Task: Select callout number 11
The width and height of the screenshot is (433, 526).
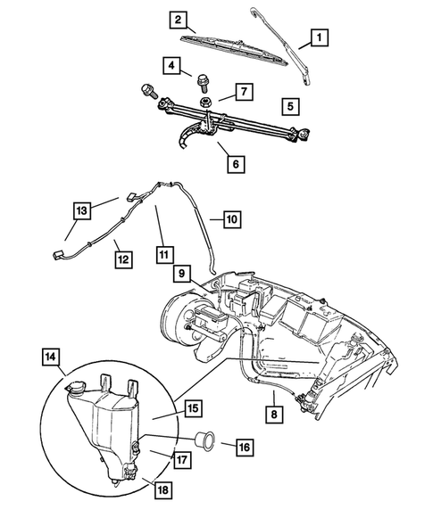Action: (x=163, y=253)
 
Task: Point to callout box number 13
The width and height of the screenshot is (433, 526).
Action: (x=82, y=210)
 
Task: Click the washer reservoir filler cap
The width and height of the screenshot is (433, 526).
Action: (x=72, y=388)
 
